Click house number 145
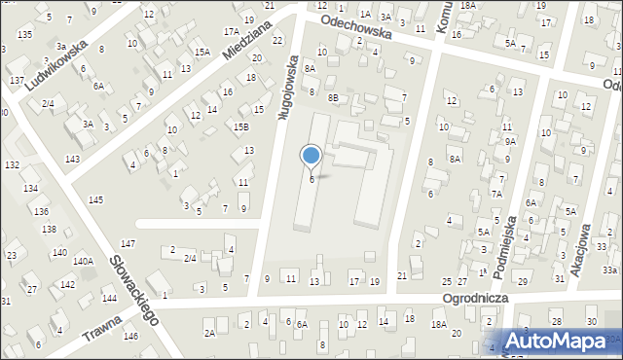pyautogui.click(x=95, y=199)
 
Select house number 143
pyautogui.click(x=72, y=159)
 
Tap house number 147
pyautogui.click(x=128, y=242)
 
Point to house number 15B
pyautogui.click(x=240, y=126)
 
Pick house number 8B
pyautogui.click(x=333, y=98)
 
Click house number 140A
pyautogui.click(x=83, y=261)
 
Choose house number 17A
pyautogui.click(x=231, y=32)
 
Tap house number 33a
pyautogui.click(x=609, y=269)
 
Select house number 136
pyautogui.click(x=41, y=211)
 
